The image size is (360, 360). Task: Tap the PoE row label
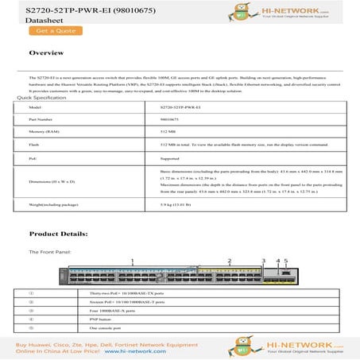(33, 158)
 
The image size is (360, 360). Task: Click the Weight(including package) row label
(51, 204)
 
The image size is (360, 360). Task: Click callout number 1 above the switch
(132, 261)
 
